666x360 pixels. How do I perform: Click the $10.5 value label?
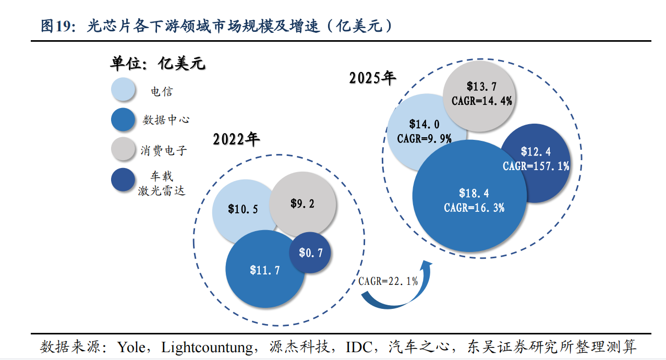(x=243, y=209)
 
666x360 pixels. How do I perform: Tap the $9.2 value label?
(x=302, y=203)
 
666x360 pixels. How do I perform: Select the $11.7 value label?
(x=265, y=270)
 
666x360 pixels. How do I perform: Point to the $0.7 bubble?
(x=310, y=253)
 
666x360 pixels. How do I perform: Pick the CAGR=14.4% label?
(x=482, y=101)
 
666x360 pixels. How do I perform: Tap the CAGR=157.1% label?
(x=536, y=166)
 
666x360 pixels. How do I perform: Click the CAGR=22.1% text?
(x=388, y=281)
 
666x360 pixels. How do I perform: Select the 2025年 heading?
(x=372, y=78)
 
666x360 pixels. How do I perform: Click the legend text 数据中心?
(x=166, y=120)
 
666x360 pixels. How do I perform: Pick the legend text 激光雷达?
(x=162, y=191)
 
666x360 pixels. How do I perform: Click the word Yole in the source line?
(x=131, y=347)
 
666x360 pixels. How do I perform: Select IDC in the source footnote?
(x=360, y=347)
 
